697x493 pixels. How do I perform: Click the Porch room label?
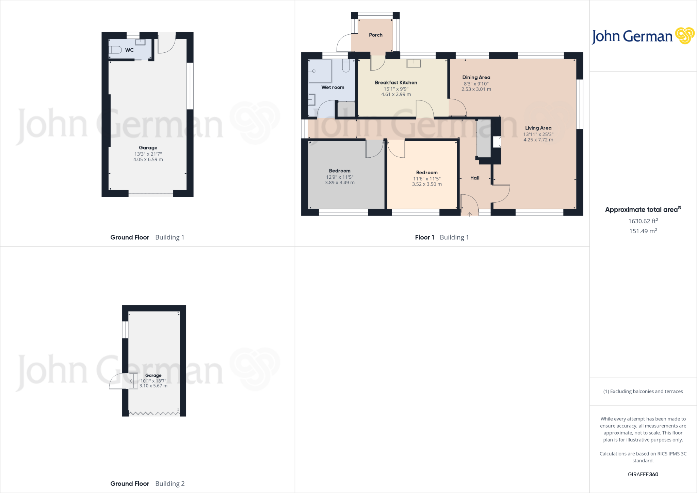click(x=376, y=35)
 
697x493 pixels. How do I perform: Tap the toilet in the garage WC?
click(x=115, y=50)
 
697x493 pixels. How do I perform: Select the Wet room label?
click(x=333, y=88)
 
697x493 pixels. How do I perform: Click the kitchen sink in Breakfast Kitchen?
click(x=414, y=63)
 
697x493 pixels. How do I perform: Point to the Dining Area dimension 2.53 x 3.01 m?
click(x=476, y=89)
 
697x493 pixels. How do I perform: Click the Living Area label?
click(x=538, y=128)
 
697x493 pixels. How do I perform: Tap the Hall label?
click(x=475, y=178)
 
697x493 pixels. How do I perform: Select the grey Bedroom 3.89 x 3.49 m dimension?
click(x=340, y=182)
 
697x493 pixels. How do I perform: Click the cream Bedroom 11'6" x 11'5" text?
click(x=427, y=179)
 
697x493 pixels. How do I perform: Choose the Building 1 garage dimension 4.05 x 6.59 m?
click(x=148, y=159)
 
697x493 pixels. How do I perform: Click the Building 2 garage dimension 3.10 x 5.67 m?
click(x=153, y=386)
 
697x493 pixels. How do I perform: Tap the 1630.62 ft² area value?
click(x=643, y=221)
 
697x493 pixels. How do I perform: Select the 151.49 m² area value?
click(x=643, y=231)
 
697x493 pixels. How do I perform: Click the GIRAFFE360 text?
click(x=643, y=474)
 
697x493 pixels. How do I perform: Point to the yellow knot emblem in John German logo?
click(x=684, y=36)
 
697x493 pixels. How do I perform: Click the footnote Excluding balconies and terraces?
click(x=643, y=392)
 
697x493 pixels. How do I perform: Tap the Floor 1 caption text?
click(x=424, y=237)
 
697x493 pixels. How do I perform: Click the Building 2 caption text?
click(x=170, y=483)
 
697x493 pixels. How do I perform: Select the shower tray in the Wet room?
click(x=320, y=71)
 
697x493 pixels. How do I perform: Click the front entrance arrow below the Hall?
click(x=470, y=214)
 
